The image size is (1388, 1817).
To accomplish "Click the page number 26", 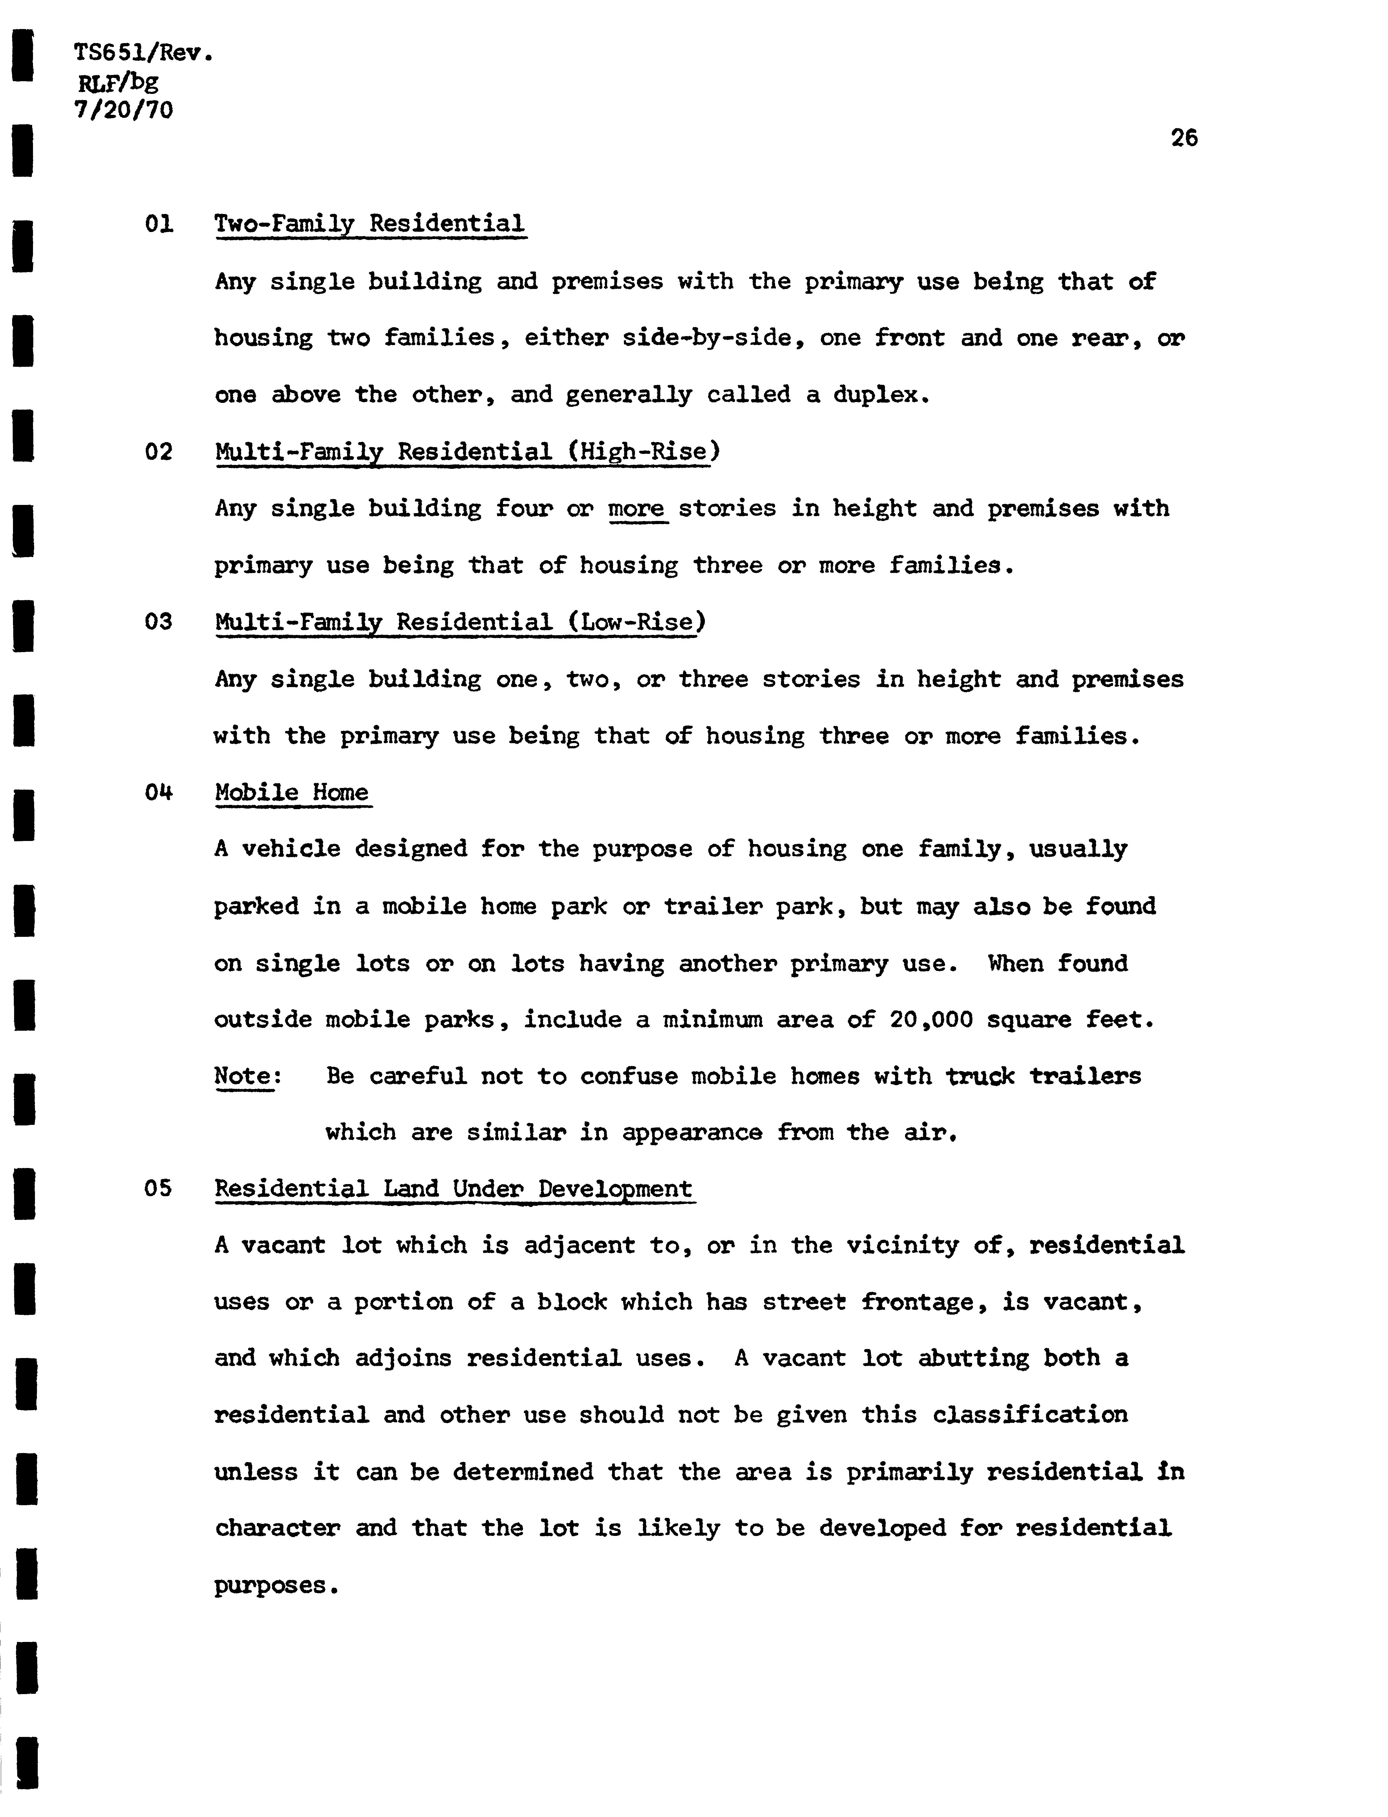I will pos(1184,138).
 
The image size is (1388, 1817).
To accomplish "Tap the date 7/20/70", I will pos(124,110).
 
